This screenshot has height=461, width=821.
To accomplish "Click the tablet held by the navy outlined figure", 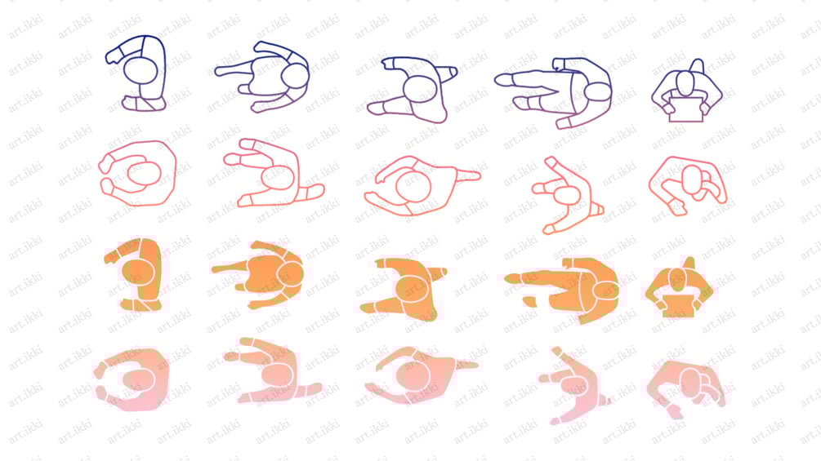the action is coord(686,109).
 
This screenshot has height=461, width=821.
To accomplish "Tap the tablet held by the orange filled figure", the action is coord(679,306).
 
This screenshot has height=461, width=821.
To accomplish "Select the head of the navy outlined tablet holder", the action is coord(685,83).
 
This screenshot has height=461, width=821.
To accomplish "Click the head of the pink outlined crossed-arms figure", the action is coord(692,180).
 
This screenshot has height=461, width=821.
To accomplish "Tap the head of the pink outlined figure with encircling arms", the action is coord(144,174).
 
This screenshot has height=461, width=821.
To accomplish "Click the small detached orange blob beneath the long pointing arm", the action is coord(529,301).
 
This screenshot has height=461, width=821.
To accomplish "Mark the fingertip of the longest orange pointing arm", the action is coord(506,279).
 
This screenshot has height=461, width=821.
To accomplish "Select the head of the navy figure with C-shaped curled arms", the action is coord(141,70).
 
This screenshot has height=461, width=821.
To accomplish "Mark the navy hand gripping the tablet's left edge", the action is coord(668,109).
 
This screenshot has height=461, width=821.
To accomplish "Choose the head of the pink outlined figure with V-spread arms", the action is coord(566,197).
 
